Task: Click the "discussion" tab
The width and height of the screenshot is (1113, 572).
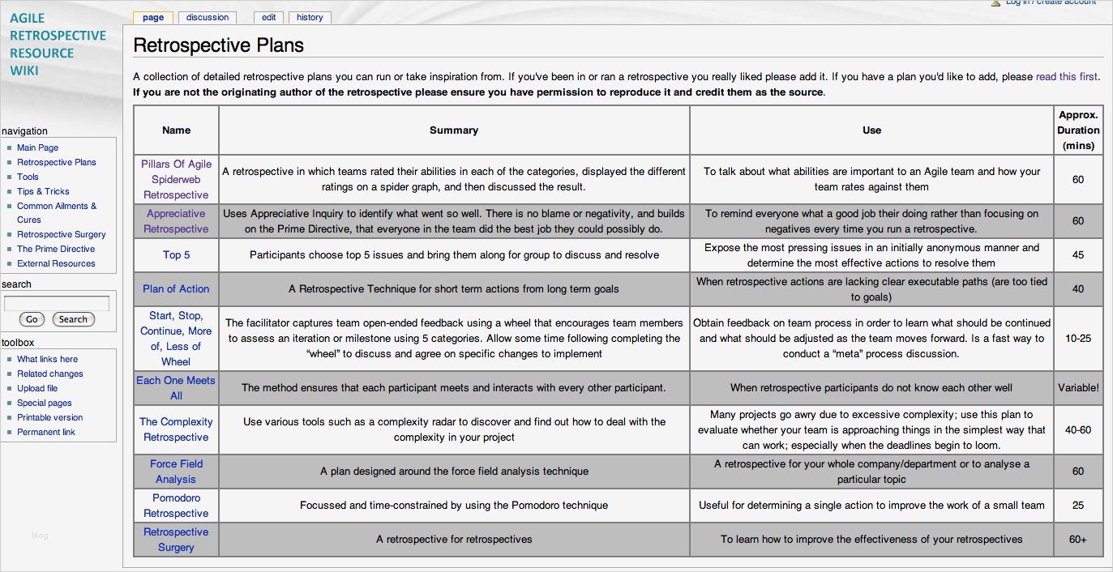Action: tap(208, 17)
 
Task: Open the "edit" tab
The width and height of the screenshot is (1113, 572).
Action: tap(268, 17)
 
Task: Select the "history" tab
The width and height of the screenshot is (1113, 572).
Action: tap(310, 17)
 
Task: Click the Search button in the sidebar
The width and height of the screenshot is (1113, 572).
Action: tap(73, 319)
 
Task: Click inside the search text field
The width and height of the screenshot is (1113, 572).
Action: tap(57, 304)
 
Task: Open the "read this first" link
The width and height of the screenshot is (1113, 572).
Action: tap(1066, 77)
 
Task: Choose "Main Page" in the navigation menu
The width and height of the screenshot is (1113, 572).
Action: tap(37, 147)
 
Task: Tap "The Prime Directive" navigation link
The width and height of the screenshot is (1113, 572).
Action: tap(56, 249)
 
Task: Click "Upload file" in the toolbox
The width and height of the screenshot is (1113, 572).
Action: tap(37, 388)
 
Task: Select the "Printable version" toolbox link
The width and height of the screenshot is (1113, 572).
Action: tap(49, 417)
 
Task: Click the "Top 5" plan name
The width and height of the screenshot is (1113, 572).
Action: tap(176, 254)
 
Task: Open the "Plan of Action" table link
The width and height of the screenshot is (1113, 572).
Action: tap(176, 288)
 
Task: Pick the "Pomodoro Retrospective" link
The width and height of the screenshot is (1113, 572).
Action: tap(176, 506)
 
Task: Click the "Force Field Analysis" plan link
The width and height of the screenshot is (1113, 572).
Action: tap(176, 472)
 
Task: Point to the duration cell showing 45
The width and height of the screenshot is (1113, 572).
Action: tap(1077, 254)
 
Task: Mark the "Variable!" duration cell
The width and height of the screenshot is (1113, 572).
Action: tap(1077, 388)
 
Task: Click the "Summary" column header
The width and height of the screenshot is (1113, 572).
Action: tap(454, 130)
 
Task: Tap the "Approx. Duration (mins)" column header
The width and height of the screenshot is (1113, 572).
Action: tap(1077, 130)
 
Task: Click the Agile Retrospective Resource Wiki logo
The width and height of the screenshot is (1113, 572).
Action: tap(58, 44)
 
